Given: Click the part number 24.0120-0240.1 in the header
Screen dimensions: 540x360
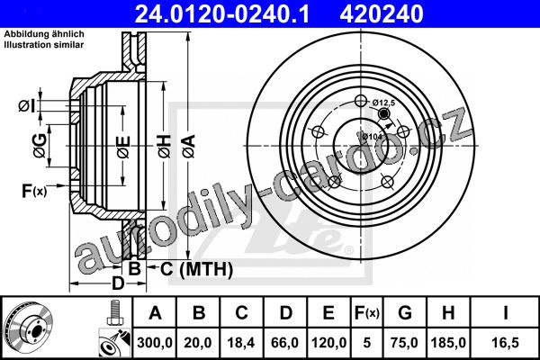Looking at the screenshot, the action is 222,14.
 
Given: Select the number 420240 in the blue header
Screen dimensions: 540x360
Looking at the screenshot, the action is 382,14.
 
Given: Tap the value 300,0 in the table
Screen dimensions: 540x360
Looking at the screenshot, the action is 155,342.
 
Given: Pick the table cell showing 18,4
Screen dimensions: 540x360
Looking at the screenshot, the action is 241,342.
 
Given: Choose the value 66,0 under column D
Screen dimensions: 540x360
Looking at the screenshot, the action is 284,342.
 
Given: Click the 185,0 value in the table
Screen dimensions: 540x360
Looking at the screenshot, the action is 448,342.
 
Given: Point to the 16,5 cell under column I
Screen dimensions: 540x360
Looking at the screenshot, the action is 505,342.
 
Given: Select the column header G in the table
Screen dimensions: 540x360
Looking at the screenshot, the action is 405,313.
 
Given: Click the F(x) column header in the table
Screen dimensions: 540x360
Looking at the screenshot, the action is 367,313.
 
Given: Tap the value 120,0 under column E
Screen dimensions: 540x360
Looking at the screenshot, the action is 328,342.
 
